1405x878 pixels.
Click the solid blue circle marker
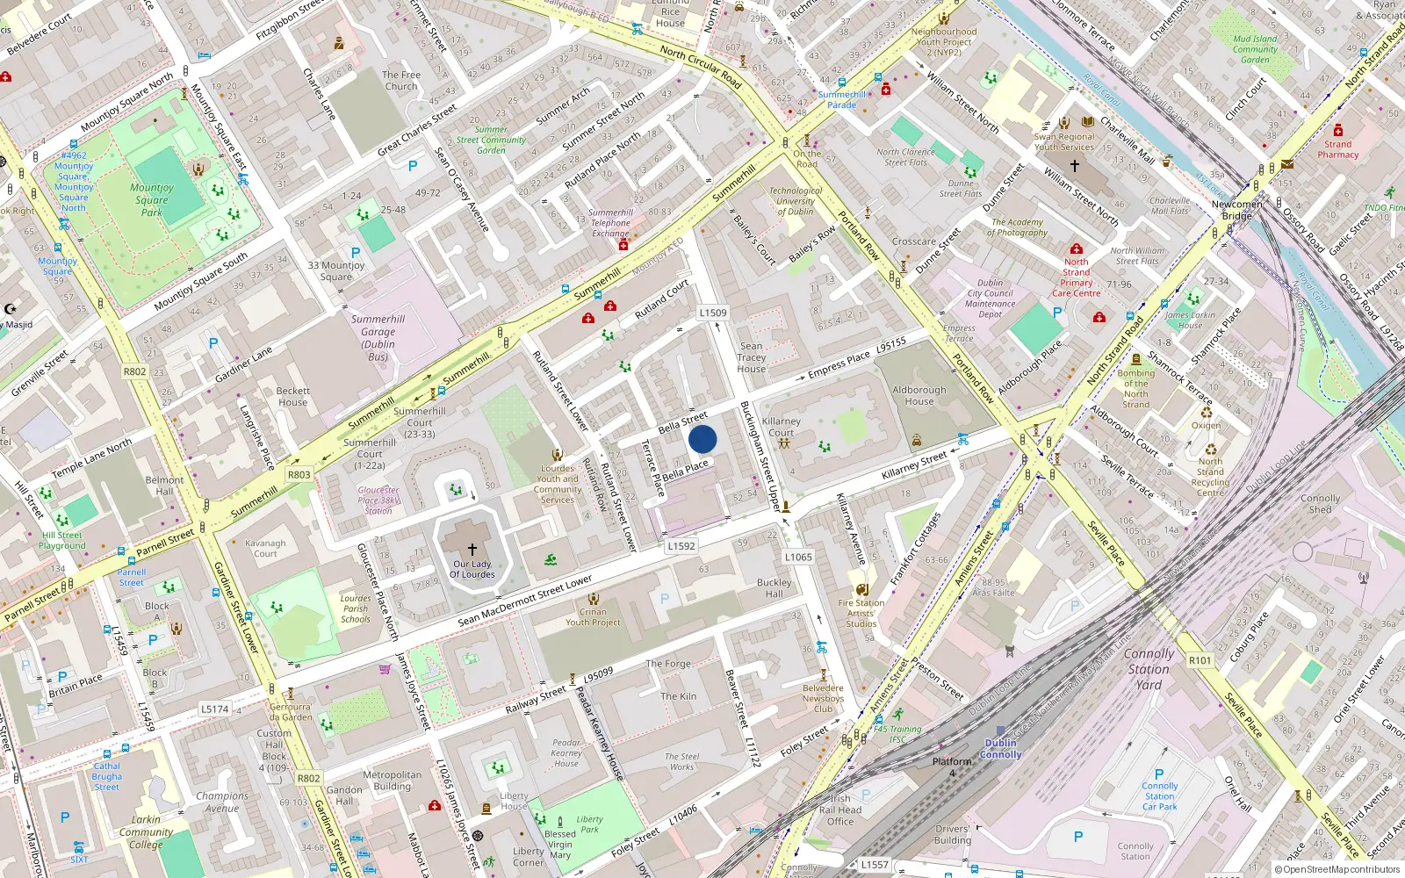pyautogui.click(x=702, y=439)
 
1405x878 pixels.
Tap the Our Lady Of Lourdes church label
pyautogui.click(x=472, y=569)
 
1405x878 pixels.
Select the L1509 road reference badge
pyautogui.click(x=713, y=313)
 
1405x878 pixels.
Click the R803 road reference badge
pyautogui.click(x=299, y=474)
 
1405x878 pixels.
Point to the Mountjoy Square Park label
pyautogui.click(x=152, y=199)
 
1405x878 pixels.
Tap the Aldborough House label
pyautogui.click(x=919, y=395)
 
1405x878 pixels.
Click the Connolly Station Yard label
pyautogui.click(x=1149, y=669)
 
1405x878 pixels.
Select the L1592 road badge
pyautogui.click(x=681, y=546)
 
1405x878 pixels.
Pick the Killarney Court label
pyautogui.click(x=781, y=427)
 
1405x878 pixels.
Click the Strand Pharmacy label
pyautogui.click(x=1337, y=149)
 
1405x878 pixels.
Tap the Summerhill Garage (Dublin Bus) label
pyautogui.click(x=378, y=337)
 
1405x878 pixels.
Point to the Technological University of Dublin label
pyautogui.click(x=796, y=201)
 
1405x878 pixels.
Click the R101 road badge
pyautogui.click(x=1200, y=660)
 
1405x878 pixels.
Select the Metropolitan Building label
pyautogui.click(x=393, y=781)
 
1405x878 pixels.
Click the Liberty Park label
pyautogui.click(x=589, y=824)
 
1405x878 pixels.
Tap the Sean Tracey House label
pyautogui.click(x=752, y=357)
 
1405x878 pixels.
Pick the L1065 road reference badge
pyautogui.click(x=798, y=557)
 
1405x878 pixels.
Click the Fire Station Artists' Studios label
pyautogui.click(x=861, y=613)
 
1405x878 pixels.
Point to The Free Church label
pyautogui.click(x=401, y=81)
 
